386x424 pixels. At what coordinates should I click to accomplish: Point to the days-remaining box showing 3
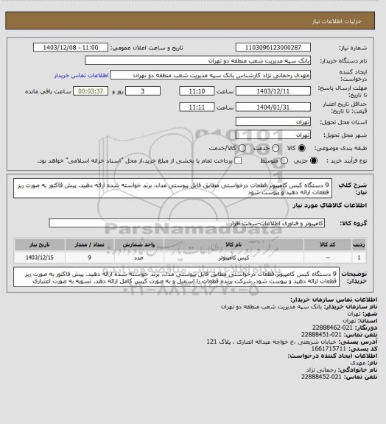coord(139,91)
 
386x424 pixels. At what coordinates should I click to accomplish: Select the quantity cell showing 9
coord(89,258)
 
